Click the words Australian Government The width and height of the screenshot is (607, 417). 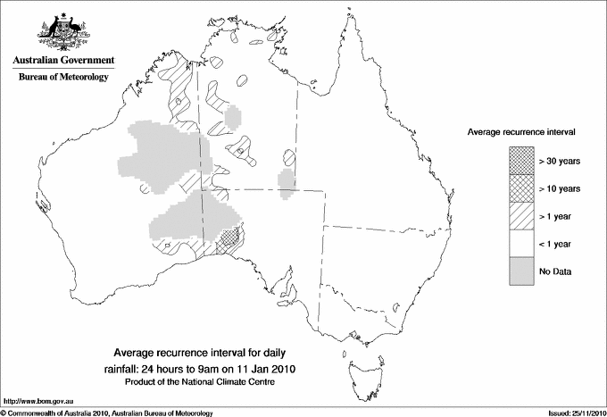click(63, 61)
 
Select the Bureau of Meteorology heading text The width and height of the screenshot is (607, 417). click(63, 78)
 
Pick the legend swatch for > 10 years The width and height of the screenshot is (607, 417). click(521, 188)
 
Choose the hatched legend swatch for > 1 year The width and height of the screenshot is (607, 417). click(521, 215)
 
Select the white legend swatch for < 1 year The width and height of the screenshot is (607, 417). click(521, 243)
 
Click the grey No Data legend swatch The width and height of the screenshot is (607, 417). click(521, 271)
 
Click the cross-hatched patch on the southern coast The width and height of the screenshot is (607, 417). click(229, 237)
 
